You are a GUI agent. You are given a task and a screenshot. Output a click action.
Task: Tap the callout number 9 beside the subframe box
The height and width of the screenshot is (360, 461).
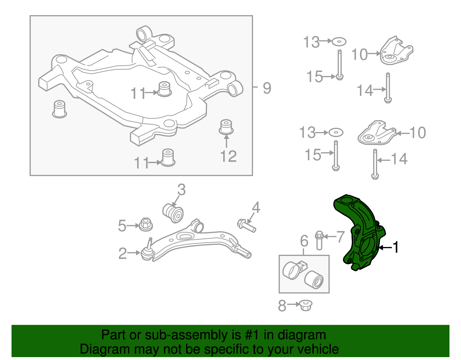coord(267,88)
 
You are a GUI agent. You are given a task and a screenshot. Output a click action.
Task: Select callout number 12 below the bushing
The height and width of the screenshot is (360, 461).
coord(228,157)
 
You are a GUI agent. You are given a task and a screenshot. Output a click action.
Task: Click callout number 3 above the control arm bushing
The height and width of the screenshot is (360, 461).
coord(181,190)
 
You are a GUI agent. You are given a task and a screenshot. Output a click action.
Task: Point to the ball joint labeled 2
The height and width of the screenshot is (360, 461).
coord(147,253)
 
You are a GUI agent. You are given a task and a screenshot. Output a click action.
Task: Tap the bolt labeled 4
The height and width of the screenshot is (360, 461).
coord(247,226)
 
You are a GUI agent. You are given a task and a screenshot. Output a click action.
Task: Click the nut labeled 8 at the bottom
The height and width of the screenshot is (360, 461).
coord(306,305)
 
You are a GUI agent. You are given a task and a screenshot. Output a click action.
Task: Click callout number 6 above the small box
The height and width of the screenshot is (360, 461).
coord(304,241)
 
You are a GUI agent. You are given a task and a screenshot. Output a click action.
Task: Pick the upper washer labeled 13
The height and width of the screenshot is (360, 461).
coord(339,42)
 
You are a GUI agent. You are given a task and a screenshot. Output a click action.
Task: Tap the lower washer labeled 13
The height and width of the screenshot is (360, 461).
coord(336,133)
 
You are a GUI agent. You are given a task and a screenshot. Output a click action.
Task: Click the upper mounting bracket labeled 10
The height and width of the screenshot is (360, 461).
coord(396,52)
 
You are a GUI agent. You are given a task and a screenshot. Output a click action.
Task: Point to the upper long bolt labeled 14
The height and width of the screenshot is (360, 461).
coord(388,88)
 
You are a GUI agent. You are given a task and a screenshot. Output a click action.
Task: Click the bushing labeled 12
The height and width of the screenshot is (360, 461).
coord(226,127)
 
